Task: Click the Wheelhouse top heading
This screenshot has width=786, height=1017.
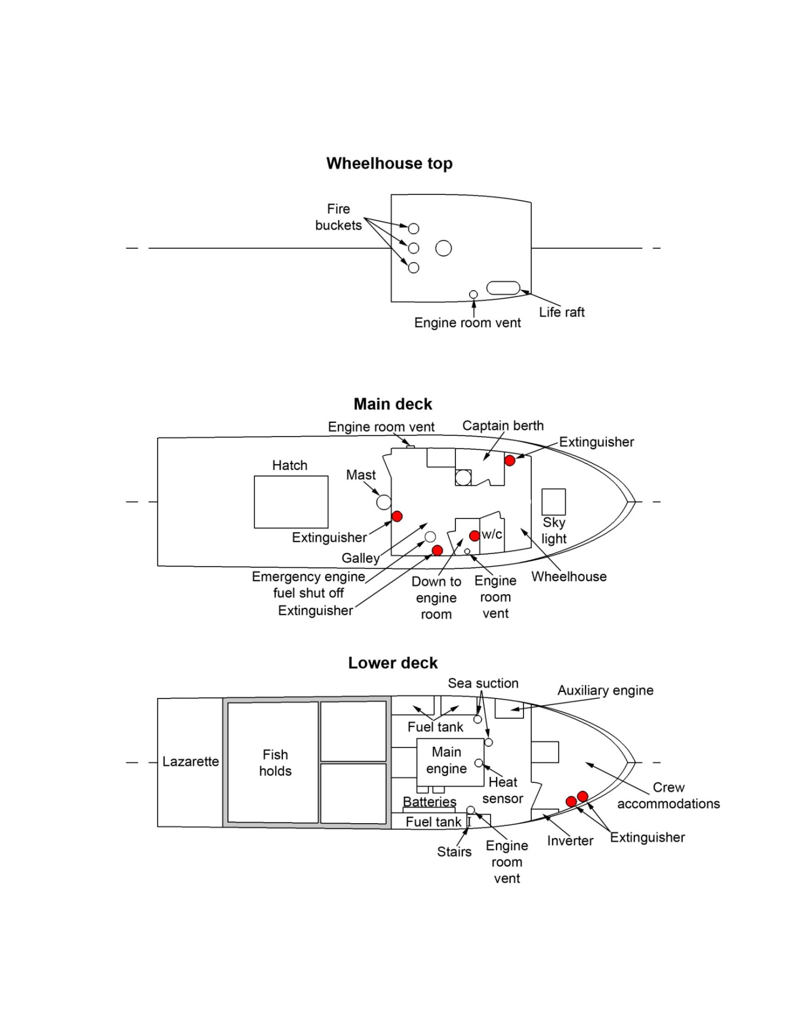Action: [x=389, y=163]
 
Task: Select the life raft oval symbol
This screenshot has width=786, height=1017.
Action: [x=503, y=288]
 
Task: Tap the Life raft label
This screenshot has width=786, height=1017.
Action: [x=562, y=312]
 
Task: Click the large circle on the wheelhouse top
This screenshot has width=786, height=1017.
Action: [x=443, y=248]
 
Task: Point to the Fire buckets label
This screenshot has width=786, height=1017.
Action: [x=338, y=217]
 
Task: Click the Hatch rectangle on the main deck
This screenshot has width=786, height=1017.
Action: [x=291, y=502]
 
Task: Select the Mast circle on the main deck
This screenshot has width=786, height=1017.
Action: [x=384, y=502]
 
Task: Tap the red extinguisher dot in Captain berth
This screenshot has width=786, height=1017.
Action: [x=510, y=460]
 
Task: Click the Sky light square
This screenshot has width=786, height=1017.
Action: [x=553, y=502]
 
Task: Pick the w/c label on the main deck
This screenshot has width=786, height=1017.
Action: [x=492, y=534]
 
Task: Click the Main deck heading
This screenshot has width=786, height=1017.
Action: [x=393, y=404]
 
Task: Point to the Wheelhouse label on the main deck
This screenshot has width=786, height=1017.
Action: [x=569, y=577]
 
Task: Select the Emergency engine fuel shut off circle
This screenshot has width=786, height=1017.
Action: [x=430, y=537]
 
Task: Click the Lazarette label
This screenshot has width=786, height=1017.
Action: [x=190, y=762]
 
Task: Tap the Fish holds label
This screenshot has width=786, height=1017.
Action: [x=275, y=763]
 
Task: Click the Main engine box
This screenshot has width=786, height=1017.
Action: [x=449, y=762]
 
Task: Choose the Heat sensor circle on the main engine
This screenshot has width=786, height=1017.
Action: [x=479, y=763]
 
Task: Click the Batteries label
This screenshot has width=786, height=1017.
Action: [x=429, y=802]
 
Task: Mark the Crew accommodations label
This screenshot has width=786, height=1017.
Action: [x=668, y=796]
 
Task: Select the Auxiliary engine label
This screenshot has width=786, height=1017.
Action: [x=605, y=691]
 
